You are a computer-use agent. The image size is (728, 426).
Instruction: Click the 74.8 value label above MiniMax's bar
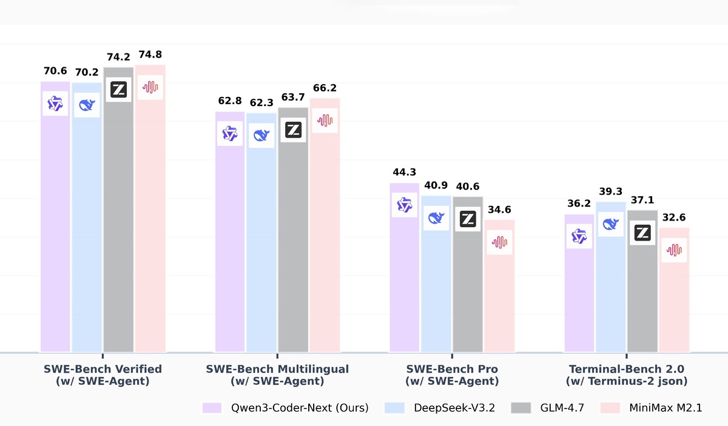click(x=150, y=54)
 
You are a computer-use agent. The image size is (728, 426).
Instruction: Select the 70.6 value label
click(x=55, y=71)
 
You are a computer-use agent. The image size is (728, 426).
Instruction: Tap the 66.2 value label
click(x=325, y=88)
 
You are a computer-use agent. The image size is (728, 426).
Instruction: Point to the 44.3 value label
click(x=405, y=173)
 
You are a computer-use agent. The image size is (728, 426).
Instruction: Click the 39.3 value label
click(x=611, y=191)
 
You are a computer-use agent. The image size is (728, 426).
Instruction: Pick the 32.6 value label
click(x=674, y=218)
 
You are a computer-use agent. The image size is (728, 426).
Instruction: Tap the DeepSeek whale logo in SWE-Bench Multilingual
click(x=261, y=135)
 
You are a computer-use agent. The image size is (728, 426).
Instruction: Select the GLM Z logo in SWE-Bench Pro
click(x=467, y=219)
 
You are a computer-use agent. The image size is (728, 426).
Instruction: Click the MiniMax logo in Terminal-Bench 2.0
click(x=674, y=250)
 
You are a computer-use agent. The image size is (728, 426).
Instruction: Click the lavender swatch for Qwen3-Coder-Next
click(x=211, y=408)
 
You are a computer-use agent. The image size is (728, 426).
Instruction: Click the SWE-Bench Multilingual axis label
click(x=277, y=375)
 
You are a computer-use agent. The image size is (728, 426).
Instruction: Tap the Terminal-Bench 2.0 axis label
click(x=627, y=375)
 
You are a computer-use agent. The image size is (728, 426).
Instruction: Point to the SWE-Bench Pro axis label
click(x=452, y=375)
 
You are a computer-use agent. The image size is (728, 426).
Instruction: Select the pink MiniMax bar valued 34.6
click(x=499, y=291)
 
